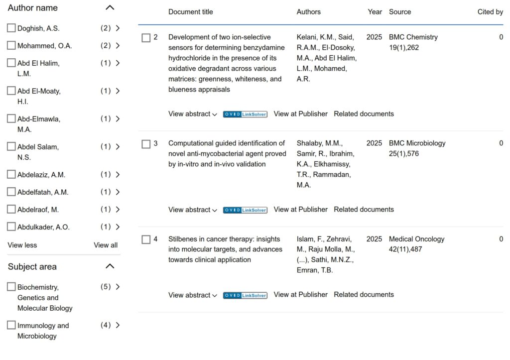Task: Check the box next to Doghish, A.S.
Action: coord(11,28)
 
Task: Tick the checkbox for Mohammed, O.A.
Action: coord(11,46)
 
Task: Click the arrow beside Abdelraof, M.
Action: coord(118,210)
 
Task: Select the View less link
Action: coord(22,245)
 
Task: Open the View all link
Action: coord(106,245)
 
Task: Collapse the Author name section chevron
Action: coord(110,8)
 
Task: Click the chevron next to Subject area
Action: coord(110,266)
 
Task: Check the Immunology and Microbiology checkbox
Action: coord(11,326)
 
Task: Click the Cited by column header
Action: coord(490,12)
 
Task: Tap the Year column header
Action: coord(375,12)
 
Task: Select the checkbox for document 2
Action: coord(146,38)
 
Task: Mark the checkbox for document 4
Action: coord(146,240)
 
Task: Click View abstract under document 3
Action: coord(192,210)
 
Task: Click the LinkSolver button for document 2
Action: coord(245,114)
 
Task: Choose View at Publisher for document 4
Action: coord(300,295)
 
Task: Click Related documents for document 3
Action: coord(364,210)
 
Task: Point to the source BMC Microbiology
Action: coord(417,143)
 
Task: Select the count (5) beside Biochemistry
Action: coord(106,287)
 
